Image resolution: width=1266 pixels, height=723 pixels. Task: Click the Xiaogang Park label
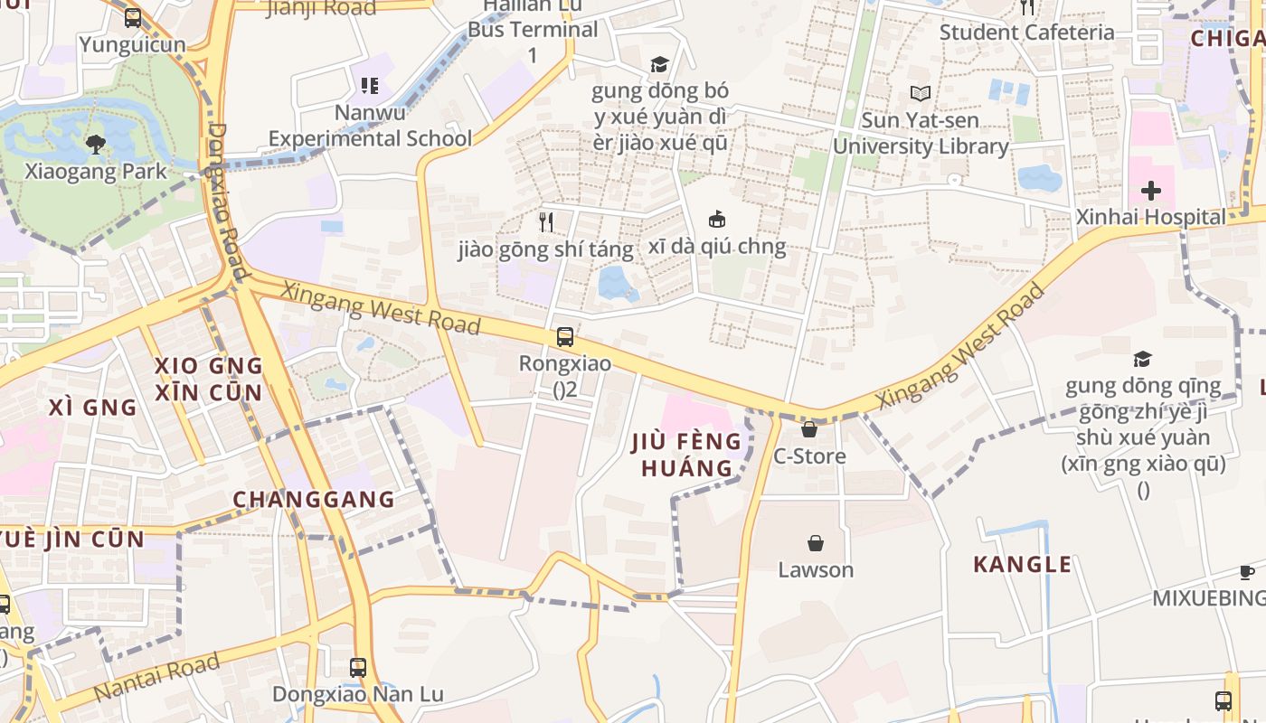tap(96, 171)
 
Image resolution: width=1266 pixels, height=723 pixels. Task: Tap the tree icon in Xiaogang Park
tap(96, 144)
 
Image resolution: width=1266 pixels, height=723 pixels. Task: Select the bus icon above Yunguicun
tap(133, 17)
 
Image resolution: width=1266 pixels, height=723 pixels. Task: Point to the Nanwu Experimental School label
tap(370, 126)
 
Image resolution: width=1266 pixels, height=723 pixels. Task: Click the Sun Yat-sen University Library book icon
tap(921, 93)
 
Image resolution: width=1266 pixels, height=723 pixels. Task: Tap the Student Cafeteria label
tap(1026, 33)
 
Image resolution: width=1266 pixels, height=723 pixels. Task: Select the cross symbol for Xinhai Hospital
tap(1150, 191)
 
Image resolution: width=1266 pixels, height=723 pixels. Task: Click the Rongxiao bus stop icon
tap(565, 337)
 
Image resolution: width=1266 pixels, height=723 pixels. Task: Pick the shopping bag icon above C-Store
tap(809, 429)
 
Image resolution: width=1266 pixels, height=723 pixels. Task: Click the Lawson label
tap(816, 569)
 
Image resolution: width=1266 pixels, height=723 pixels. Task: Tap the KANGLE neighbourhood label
tap(1022, 565)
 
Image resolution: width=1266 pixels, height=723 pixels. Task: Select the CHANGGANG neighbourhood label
tap(314, 500)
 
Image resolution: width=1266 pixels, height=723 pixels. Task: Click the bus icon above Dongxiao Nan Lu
tap(358, 668)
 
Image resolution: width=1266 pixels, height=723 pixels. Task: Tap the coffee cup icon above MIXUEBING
tap(1247, 572)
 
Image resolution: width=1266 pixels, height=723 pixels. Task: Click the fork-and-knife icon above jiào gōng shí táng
tap(546, 221)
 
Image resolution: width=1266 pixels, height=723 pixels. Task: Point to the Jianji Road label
tap(321, 9)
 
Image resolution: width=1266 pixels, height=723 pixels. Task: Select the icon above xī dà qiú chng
tap(717, 219)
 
